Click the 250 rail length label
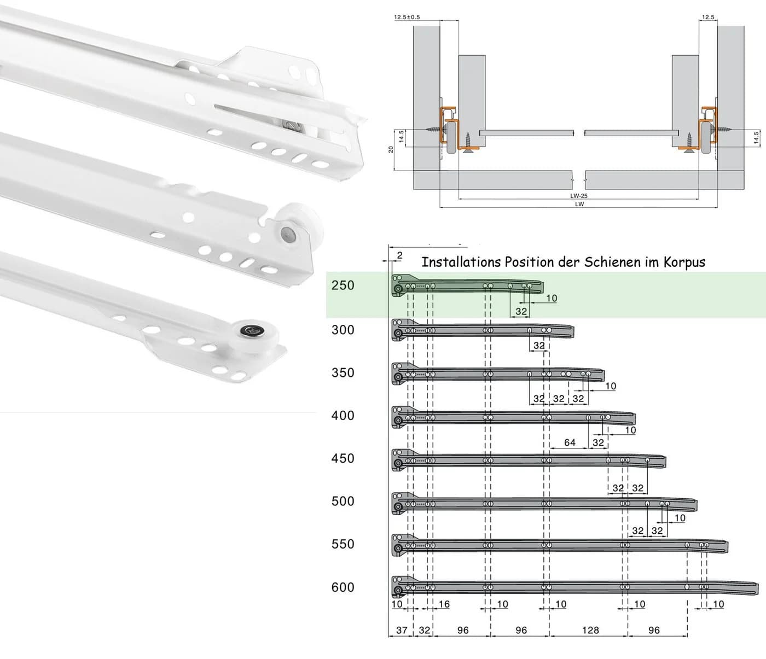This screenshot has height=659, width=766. (343, 285)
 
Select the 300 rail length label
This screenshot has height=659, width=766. (343, 330)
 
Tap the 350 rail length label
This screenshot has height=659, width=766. (343, 372)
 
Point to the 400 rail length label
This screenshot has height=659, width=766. (343, 416)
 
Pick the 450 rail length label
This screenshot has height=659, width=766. (343, 459)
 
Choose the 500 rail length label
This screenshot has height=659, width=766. (343, 501)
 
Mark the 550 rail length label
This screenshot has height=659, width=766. (343, 544)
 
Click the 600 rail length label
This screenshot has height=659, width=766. (343, 587)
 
